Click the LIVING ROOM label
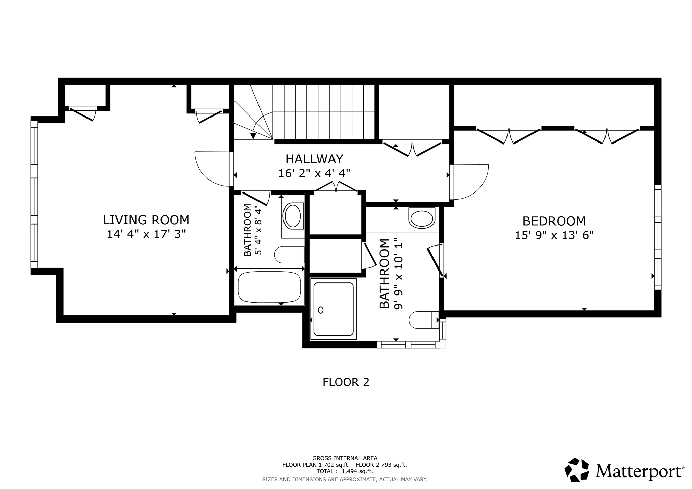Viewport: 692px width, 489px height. click(x=146, y=220)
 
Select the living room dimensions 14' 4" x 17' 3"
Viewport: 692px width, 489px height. click(x=146, y=234)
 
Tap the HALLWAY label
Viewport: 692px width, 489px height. click(x=314, y=159)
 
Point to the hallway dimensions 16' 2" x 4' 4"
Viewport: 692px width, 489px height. click(x=314, y=173)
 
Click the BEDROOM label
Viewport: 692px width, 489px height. click(x=554, y=221)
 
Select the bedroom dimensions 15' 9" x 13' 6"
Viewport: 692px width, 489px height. click(x=554, y=235)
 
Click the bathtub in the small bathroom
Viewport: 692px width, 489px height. click(x=269, y=287)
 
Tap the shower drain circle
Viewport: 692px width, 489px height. click(x=321, y=310)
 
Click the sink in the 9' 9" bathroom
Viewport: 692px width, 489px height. click(x=421, y=218)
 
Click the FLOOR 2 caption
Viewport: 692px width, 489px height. click(x=346, y=382)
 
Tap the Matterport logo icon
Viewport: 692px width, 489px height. click(x=577, y=469)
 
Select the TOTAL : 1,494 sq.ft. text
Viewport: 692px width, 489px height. click(x=345, y=471)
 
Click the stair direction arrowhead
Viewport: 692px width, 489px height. click(x=253, y=136)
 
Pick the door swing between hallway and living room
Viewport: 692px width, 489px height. click(x=213, y=169)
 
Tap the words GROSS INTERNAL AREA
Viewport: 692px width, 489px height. click(x=345, y=458)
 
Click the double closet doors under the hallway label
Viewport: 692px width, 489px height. click(x=336, y=188)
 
